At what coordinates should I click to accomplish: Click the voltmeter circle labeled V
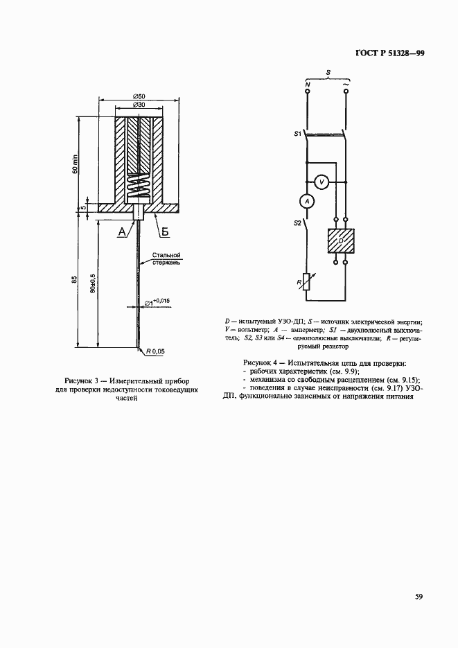point(321,182)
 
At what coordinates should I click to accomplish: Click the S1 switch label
point(297,133)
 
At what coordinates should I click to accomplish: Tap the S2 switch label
point(297,223)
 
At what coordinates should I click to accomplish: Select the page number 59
point(419,596)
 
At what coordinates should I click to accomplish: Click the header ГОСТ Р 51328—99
point(389,52)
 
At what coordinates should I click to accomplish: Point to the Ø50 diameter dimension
point(139,96)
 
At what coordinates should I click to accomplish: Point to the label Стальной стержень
point(166,259)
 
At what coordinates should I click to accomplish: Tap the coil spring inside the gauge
point(139,186)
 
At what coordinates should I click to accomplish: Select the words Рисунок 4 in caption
point(262,363)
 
